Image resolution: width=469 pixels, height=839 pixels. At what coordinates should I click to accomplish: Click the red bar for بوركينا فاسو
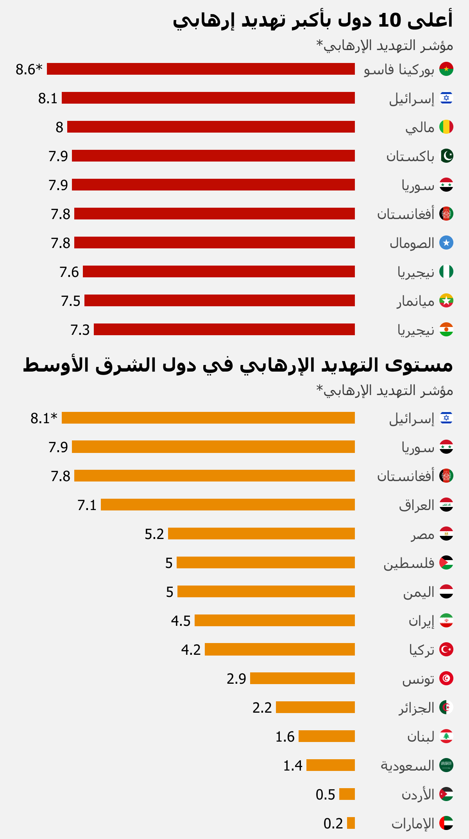click(201, 69)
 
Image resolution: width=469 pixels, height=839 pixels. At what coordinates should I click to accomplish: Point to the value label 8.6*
click(29, 69)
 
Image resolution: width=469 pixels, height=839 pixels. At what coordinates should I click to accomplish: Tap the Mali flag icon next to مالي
click(446, 127)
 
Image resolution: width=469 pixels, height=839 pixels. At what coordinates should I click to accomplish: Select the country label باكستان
click(410, 156)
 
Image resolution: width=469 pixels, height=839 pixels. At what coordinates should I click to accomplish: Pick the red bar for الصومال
click(215, 243)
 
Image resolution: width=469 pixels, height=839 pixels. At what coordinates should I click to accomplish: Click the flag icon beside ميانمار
click(446, 301)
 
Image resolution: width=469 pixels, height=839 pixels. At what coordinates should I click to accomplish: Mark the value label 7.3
click(80, 330)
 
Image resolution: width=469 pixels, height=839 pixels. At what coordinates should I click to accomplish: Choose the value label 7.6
click(69, 272)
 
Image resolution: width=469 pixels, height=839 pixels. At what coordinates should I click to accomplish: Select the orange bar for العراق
click(228, 505)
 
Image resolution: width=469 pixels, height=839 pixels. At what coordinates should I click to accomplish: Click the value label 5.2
click(154, 534)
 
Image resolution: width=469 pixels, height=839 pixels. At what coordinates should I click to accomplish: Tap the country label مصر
click(422, 534)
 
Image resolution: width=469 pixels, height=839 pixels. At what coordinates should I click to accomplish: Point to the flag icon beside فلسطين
click(446, 562)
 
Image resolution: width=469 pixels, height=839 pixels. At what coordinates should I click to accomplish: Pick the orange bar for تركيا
click(280, 649)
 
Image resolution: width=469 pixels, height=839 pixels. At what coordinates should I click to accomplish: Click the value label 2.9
click(236, 679)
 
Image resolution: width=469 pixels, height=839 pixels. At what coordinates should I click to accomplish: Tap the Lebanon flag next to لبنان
click(446, 736)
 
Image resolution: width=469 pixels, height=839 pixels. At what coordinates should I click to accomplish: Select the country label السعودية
click(407, 765)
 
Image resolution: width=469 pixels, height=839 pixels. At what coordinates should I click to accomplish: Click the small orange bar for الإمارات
click(351, 823)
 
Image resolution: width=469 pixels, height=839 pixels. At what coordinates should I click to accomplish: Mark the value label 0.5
click(325, 794)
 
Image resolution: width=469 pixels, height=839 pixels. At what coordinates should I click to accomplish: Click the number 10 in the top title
click(390, 20)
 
